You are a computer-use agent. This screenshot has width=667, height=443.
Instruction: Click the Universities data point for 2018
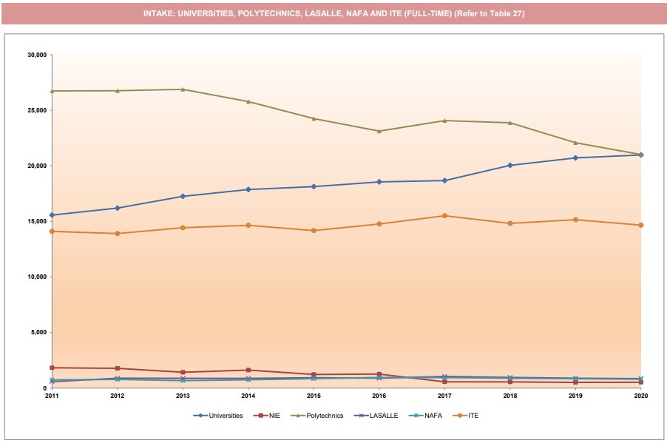point(510,165)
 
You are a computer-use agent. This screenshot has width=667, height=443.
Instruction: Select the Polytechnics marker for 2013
point(183,89)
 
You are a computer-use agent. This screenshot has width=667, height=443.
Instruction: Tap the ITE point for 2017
point(444,216)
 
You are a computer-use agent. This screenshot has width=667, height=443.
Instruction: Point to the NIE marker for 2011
point(52,368)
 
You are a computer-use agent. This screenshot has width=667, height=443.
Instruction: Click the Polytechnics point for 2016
point(379,131)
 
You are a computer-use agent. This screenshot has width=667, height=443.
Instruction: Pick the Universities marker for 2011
point(52,215)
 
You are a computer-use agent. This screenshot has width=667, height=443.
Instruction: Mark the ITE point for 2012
point(117,234)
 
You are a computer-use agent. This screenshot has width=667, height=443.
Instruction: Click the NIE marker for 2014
point(248,370)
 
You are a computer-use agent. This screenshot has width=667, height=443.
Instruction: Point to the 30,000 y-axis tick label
point(36,55)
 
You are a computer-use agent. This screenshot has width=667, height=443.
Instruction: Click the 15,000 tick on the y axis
point(36,221)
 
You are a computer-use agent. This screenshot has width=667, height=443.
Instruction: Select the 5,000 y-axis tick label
point(38,332)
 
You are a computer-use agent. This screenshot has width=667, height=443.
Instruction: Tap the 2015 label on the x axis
point(314,396)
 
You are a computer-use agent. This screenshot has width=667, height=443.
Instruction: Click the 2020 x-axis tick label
point(640,396)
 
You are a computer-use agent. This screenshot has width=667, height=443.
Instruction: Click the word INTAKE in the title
point(160,13)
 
